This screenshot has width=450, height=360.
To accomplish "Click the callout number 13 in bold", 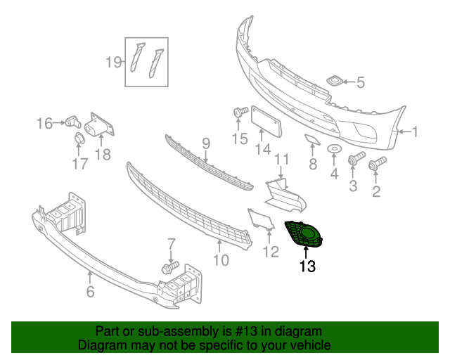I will click(307, 266).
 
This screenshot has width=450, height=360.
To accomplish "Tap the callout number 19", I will click(114, 62).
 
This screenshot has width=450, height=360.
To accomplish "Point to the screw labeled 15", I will click(238, 112).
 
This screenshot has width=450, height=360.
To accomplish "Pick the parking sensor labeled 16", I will click(72, 121).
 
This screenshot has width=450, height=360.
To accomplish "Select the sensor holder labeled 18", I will click(98, 129).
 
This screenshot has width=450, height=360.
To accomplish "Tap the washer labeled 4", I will click(335, 150).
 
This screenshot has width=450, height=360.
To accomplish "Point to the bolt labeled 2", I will click(377, 163).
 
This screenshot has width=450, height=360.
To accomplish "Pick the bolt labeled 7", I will click(169, 268).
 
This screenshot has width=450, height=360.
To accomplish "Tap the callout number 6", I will click(90, 290).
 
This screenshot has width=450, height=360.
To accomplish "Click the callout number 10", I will click(221, 259).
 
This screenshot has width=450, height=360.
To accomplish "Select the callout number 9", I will click(205, 143).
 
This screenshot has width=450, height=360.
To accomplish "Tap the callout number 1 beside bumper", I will click(415, 131).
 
